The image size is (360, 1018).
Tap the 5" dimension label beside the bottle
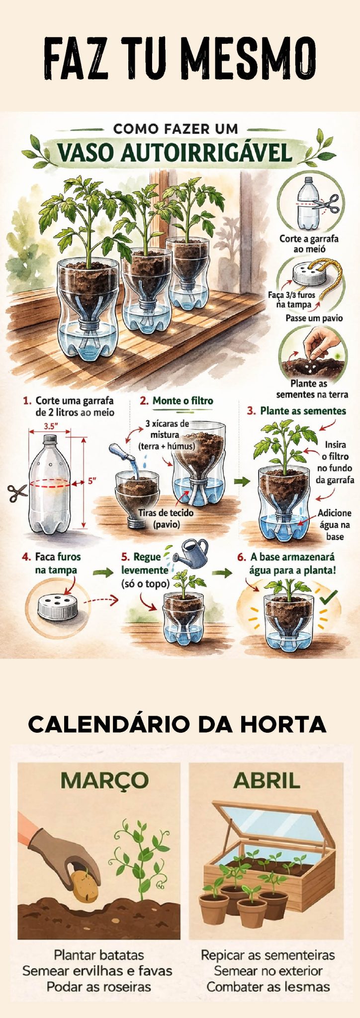[92, 481]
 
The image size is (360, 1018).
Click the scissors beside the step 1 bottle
[17, 493]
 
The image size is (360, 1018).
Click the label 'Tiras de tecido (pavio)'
[166, 518]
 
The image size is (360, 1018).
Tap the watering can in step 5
[193, 554]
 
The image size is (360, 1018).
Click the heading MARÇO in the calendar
[104, 780]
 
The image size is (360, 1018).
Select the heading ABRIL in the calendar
[267, 780]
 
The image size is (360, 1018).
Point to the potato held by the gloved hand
[85, 886]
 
